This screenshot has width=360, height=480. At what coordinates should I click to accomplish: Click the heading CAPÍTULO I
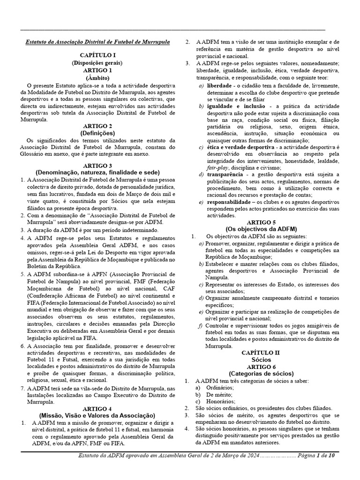(97, 55)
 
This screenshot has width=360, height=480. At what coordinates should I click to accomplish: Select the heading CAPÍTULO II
(261, 352)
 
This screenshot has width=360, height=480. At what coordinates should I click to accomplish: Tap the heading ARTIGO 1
(97, 70)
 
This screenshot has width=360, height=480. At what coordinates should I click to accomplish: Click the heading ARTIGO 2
(97, 126)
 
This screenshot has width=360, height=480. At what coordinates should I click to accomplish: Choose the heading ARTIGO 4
(97, 409)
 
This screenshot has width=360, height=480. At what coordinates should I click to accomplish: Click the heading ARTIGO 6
(261, 366)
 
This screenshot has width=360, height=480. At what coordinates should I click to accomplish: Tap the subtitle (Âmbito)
(97, 77)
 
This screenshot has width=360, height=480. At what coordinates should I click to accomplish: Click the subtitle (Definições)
(97, 133)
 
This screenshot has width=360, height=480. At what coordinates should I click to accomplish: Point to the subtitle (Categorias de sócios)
(261, 374)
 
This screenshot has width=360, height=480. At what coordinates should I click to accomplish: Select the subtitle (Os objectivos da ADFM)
(261, 229)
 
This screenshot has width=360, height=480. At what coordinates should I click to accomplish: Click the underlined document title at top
(97, 42)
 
